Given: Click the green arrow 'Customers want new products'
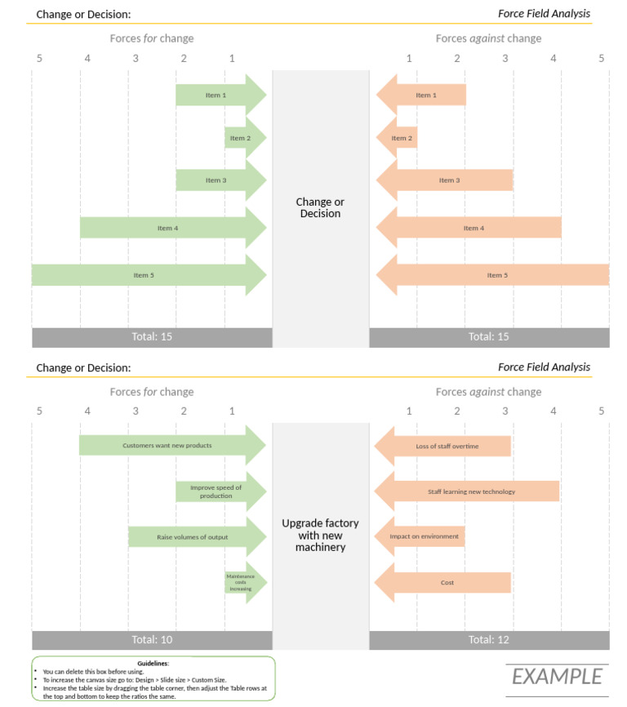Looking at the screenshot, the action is pyautogui.click(x=172, y=445).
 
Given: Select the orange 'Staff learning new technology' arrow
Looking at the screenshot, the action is pyautogui.click(x=467, y=491).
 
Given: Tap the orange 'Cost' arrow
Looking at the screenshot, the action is pyautogui.click(x=442, y=583).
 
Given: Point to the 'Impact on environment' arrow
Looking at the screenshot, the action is pyautogui.click(x=420, y=536).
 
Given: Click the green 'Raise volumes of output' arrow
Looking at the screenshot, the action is pyautogui.click(x=198, y=537).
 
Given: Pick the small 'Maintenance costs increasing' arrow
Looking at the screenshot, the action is pyautogui.click(x=246, y=583).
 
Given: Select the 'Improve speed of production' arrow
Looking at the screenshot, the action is pyautogui.click(x=221, y=491).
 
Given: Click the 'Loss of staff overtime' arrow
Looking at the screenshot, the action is pyautogui.click(x=442, y=446).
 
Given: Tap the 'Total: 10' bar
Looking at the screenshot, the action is pyautogui.click(x=152, y=640).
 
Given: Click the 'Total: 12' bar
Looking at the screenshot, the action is pyautogui.click(x=489, y=640).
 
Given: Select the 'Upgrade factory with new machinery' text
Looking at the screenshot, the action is pyautogui.click(x=321, y=536).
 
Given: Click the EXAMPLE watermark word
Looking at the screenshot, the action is pyautogui.click(x=557, y=677).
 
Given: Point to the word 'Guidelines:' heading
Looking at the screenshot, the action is pyautogui.click(x=153, y=663).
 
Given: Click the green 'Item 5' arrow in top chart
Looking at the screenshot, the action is pyautogui.click(x=149, y=275).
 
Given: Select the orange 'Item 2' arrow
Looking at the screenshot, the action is pyautogui.click(x=397, y=138).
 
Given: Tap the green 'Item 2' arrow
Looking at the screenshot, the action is pyautogui.click(x=246, y=138).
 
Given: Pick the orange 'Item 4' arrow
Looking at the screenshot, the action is pyautogui.click(x=469, y=228).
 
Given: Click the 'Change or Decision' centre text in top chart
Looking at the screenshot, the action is pyautogui.click(x=320, y=207).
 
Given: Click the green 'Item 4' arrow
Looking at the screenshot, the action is pyautogui.click(x=174, y=228).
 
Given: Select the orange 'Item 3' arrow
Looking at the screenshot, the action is pyautogui.click(x=444, y=180).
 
